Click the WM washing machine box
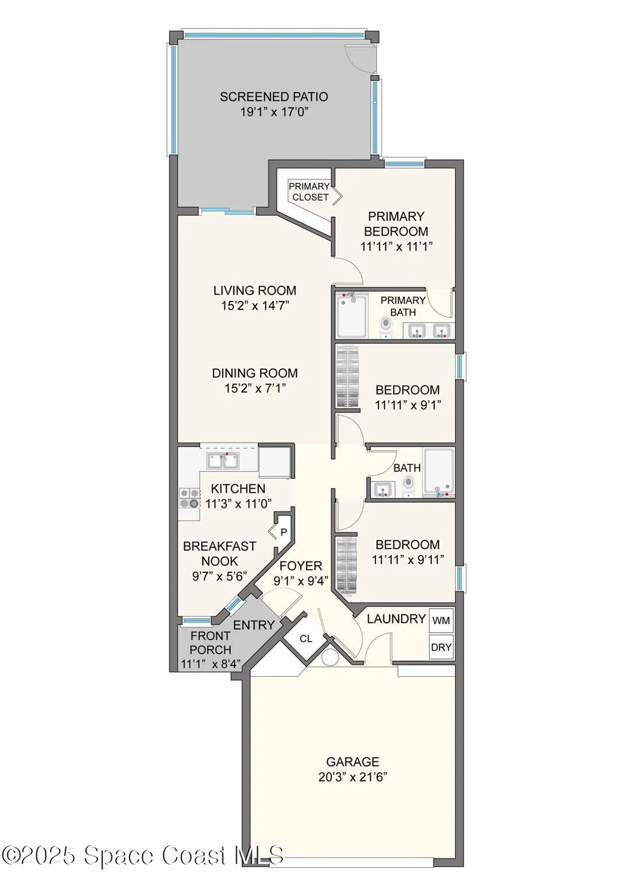[441, 621]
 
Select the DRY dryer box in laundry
[441, 647]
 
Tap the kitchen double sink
[223, 460]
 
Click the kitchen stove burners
[190, 498]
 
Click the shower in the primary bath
[351, 316]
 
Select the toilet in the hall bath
[408, 486]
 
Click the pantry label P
[284, 532]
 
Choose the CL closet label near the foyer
[306, 639]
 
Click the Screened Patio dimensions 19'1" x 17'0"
[274, 112]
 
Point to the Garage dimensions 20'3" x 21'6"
[353, 777]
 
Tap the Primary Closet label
[310, 192]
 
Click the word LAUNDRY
[396, 619]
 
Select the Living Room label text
[255, 290]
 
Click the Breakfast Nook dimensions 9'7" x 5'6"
[220, 576]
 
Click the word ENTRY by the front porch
[254, 625]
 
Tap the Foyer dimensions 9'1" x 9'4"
[301, 581]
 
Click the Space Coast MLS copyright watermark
[143, 855]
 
